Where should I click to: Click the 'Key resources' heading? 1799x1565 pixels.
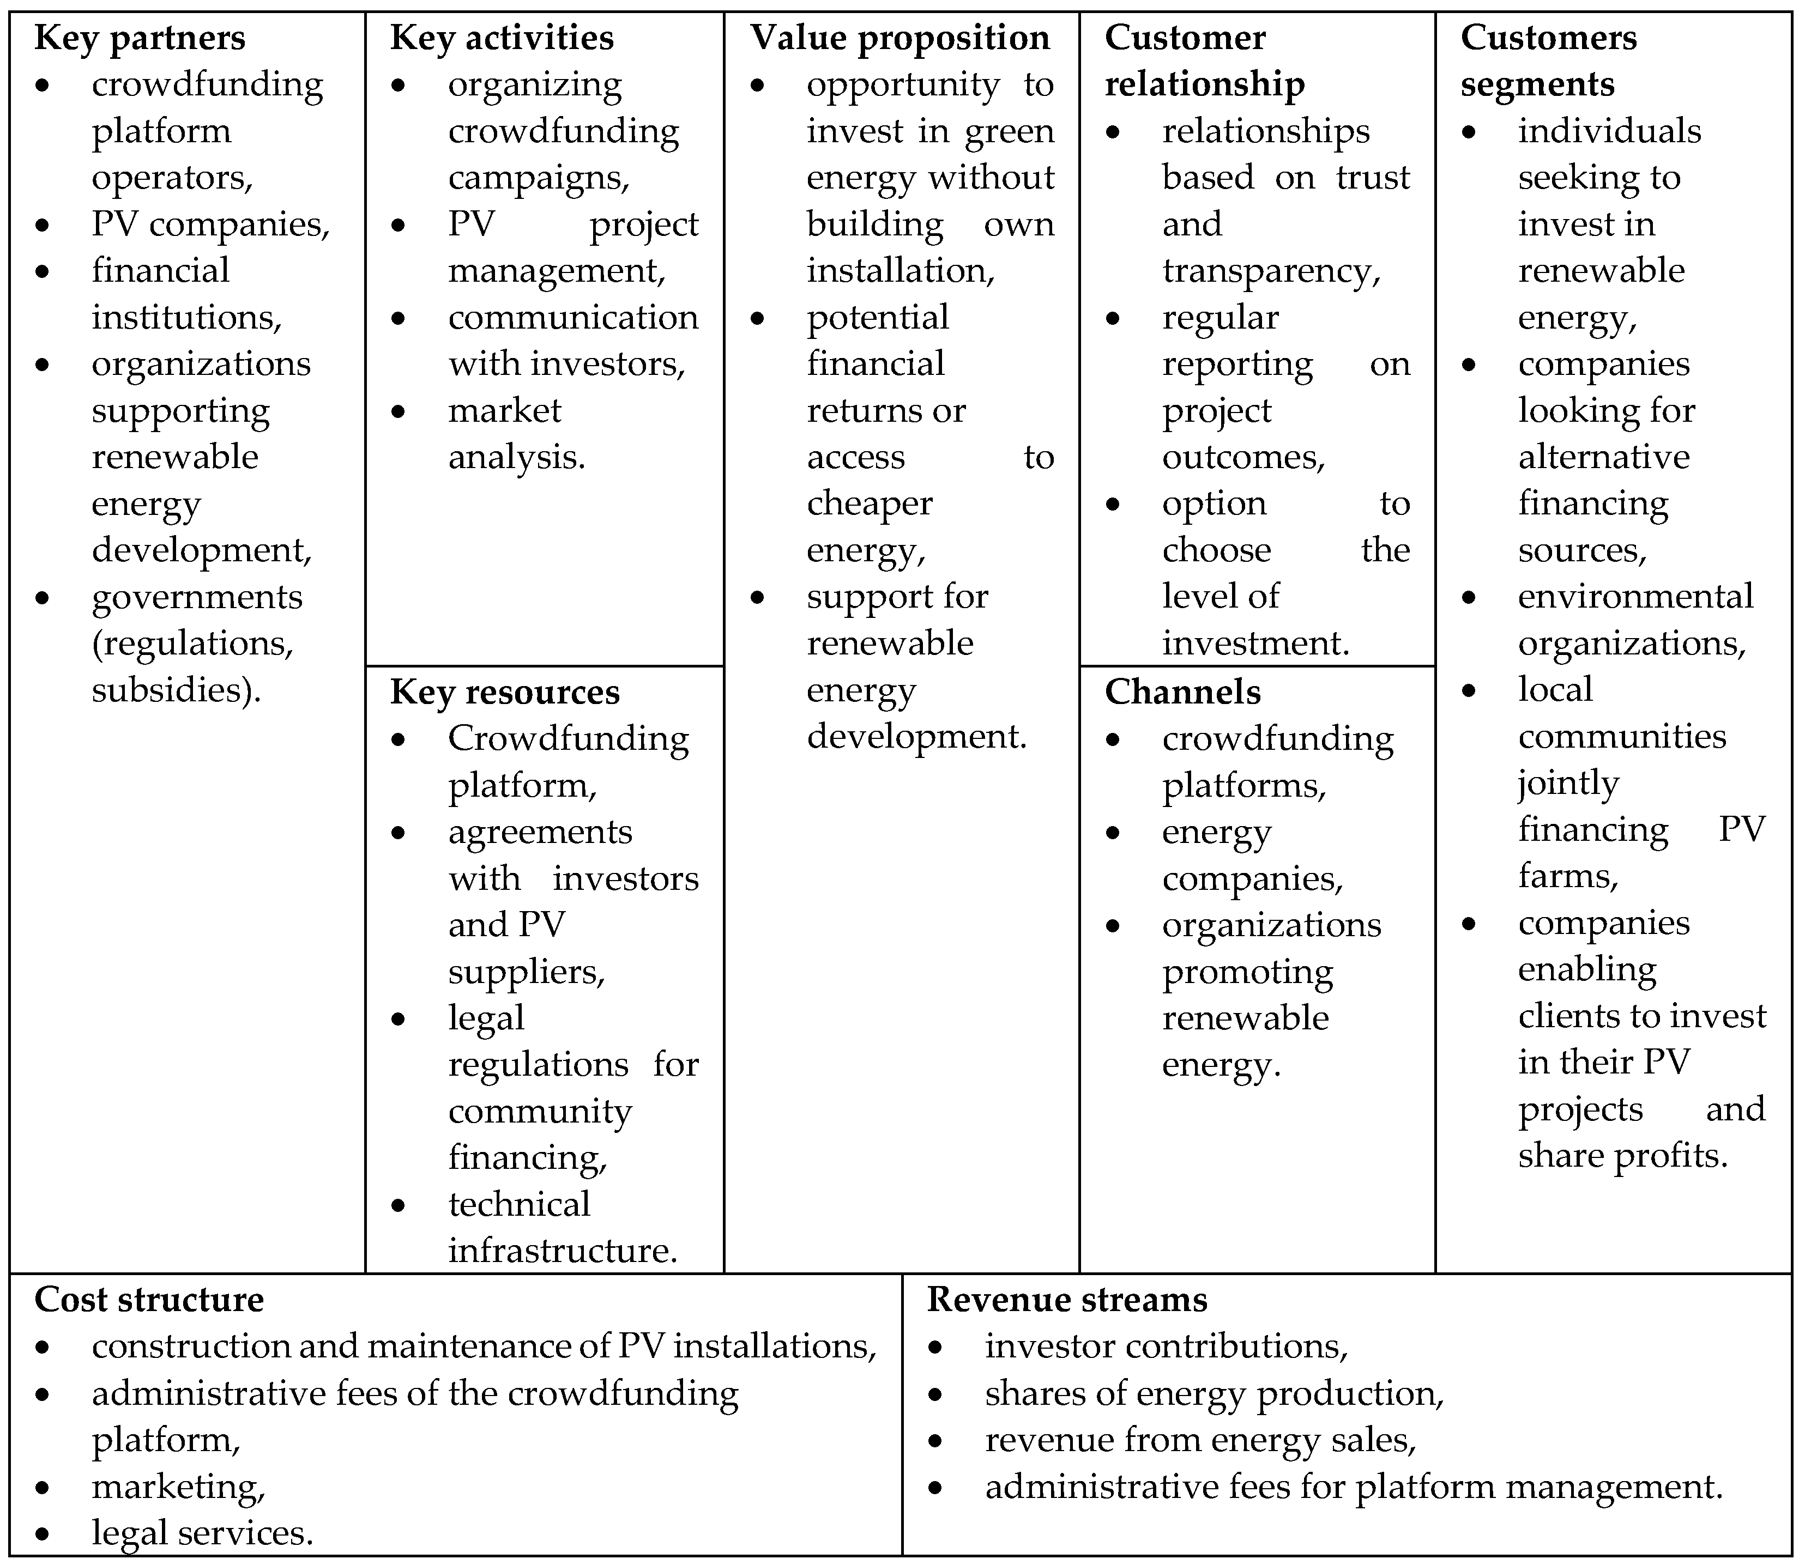pyautogui.click(x=505, y=691)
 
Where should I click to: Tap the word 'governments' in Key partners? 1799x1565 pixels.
pyautogui.click(x=197, y=597)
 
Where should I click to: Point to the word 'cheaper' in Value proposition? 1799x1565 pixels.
pyautogui.click(x=870, y=504)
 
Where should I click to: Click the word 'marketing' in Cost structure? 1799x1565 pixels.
pyautogui.click(x=176, y=1487)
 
